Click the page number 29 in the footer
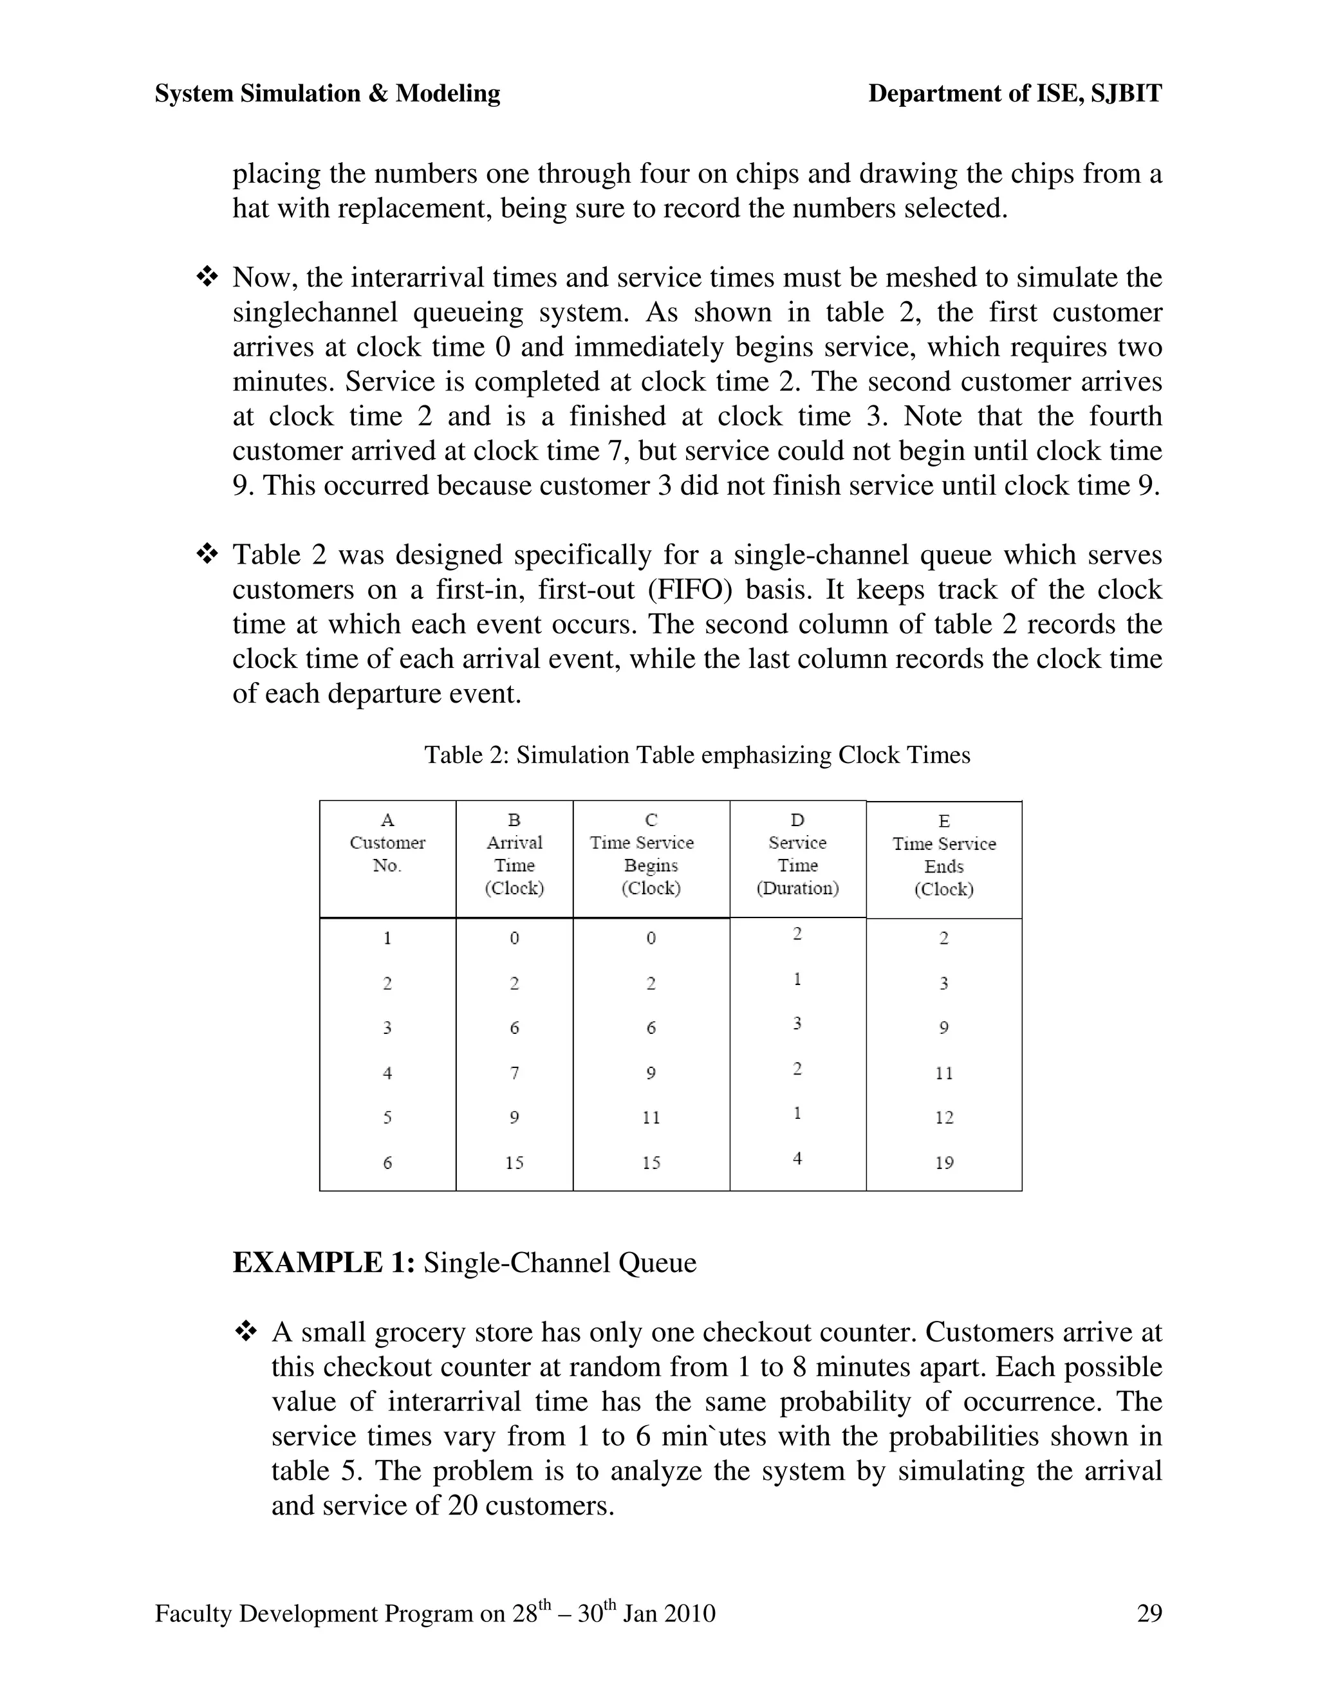coord(1149,1613)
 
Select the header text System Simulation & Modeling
coord(327,94)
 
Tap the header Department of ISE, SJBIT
coord(1015,94)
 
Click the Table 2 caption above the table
coord(696,755)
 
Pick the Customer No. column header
coord(387,853)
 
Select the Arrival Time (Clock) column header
coord(514,853)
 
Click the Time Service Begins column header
coord(651,853)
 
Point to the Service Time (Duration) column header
coord(797,853)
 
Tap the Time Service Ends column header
coord(943,855)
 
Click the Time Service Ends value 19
coord(944,1163)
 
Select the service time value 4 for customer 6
coord(797,1159)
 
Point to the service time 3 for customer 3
coord(797,1023)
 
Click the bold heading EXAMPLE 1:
coord(323,1262)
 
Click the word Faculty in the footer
coord(194,1614)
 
